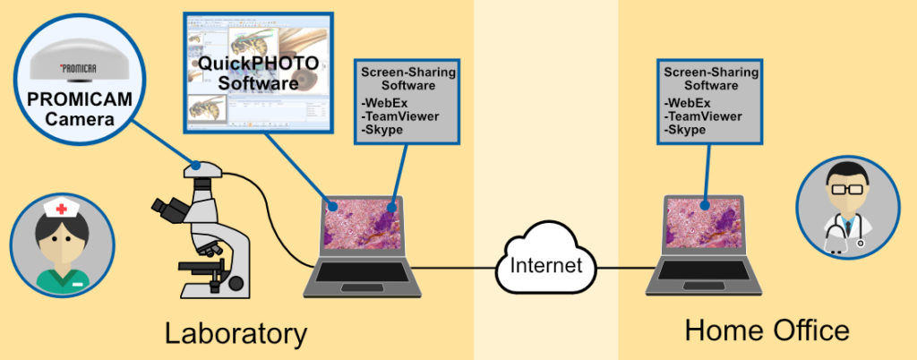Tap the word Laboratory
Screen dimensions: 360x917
(236, 334)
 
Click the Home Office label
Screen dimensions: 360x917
(767, 331)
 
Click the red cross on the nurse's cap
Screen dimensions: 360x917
(61, 210)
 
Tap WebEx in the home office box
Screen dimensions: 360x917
(685, 104)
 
